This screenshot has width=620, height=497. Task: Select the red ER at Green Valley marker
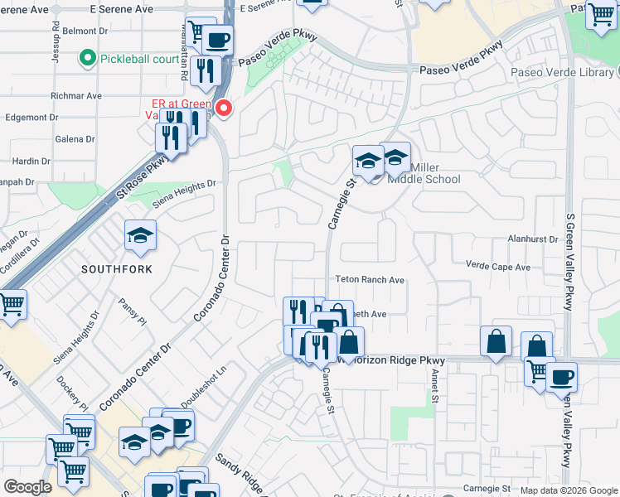tap(223, 108)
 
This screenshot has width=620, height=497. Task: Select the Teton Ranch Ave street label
tap(369, 281)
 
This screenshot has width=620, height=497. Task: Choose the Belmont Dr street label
tap(86, 31)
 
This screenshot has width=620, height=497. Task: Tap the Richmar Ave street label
tap(75, 96)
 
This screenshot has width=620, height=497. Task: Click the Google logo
tap(27, 487)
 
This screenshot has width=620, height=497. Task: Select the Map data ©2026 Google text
tap(569, 490)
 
